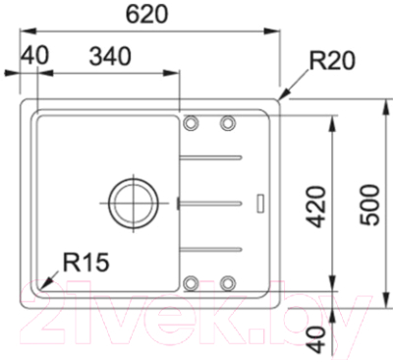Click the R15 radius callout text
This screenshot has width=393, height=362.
pos(85,262)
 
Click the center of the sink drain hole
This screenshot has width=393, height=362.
pos(131,200)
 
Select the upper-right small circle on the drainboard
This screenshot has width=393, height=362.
pos(229,123)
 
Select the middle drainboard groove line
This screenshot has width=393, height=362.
pos(211,201)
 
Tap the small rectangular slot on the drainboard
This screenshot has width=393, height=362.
pos(260,202)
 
